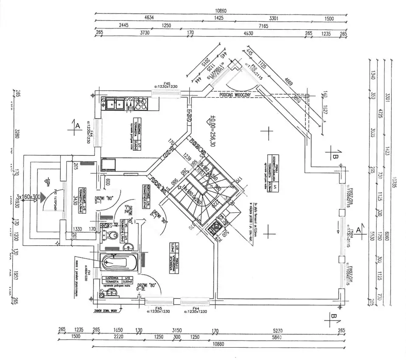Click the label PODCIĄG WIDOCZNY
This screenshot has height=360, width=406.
235,95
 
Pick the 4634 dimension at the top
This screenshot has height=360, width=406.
149,18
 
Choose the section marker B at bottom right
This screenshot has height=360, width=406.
334,317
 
